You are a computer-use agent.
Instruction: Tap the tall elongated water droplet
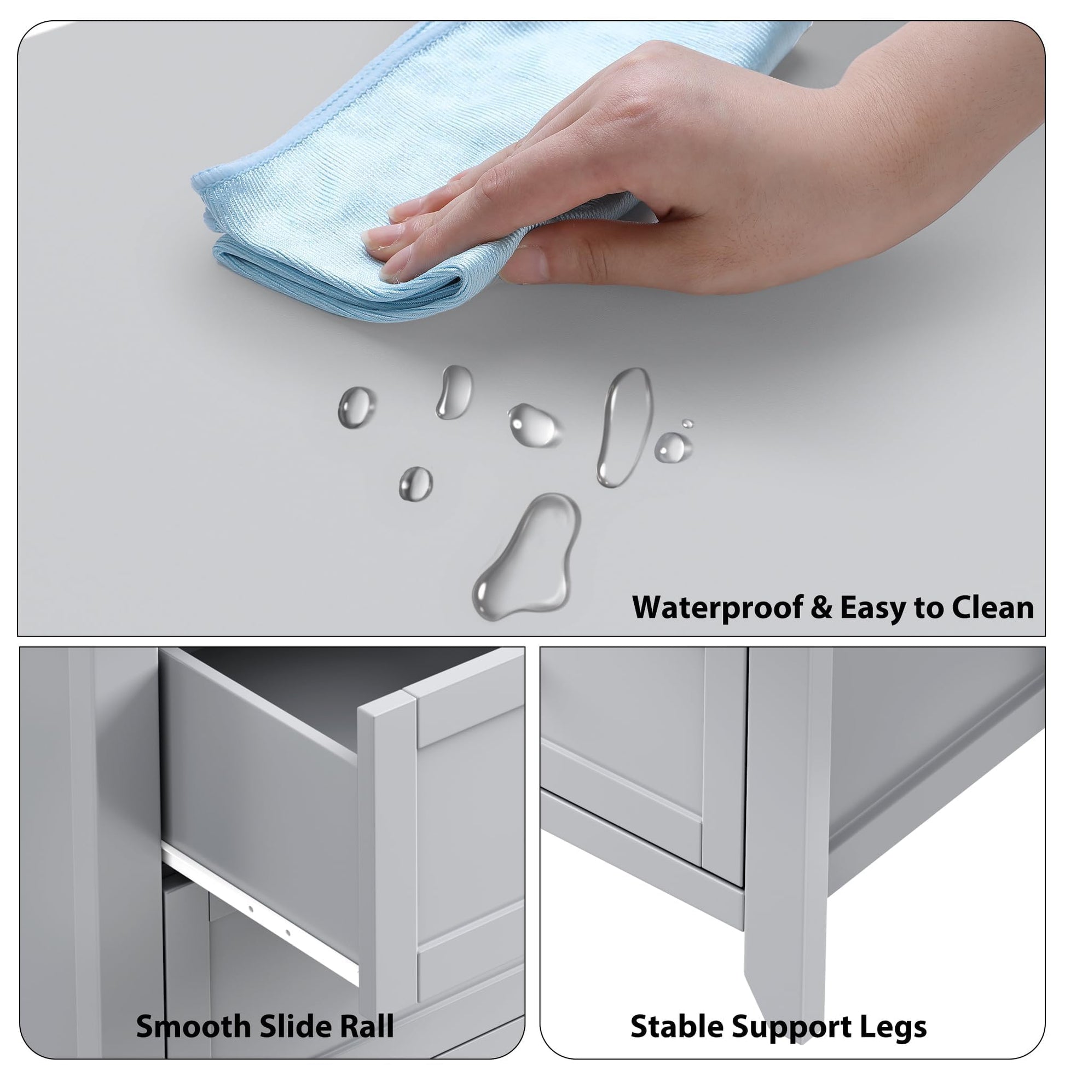pos(624,427)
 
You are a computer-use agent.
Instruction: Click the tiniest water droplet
pos(687,424)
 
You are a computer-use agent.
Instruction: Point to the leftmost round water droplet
pos(357,407)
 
